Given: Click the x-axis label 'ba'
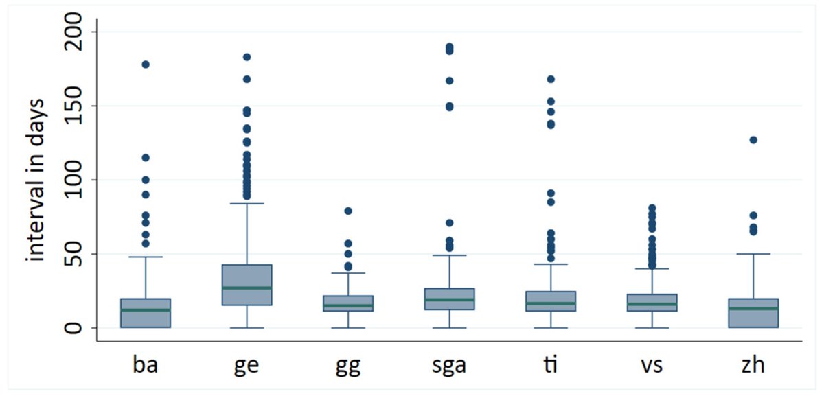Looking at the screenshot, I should click(x=146, y=365).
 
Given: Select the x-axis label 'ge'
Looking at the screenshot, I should click(x=247, y=365).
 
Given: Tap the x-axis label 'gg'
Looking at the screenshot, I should click(x=348, y=365).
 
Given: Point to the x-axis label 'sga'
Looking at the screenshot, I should click(x=449, y=365).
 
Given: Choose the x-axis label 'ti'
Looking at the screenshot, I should click(x=551, y=365).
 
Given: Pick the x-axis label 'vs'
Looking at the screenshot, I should click(x=652, y=365).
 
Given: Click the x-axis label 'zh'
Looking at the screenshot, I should click(x=753, y=365).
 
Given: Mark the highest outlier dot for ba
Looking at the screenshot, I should click(x=146, y=65).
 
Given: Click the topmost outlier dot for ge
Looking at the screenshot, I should click(x=247, y=57).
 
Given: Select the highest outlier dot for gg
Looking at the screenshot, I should click(x=348, y=211).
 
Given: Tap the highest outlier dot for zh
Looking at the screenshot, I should click(x=753, y=140).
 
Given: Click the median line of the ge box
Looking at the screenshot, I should click(x=247, y=288).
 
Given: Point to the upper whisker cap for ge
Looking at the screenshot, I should click(x=247, y=203).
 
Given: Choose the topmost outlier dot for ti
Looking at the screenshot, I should click(x=551, y=79).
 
